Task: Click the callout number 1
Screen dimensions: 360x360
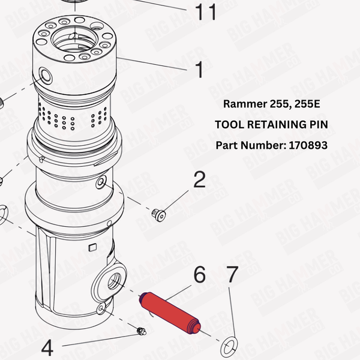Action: tap(199, 70)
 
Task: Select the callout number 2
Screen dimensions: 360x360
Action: tap(199, 180)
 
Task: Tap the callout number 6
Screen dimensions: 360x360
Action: tap(199, 275)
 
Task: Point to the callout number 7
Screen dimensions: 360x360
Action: tap(232, 275)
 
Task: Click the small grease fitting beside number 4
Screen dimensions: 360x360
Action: tap(141, 331)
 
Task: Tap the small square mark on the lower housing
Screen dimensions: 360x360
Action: tap(92, 248)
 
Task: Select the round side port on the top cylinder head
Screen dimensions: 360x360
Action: tap(44, 75)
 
